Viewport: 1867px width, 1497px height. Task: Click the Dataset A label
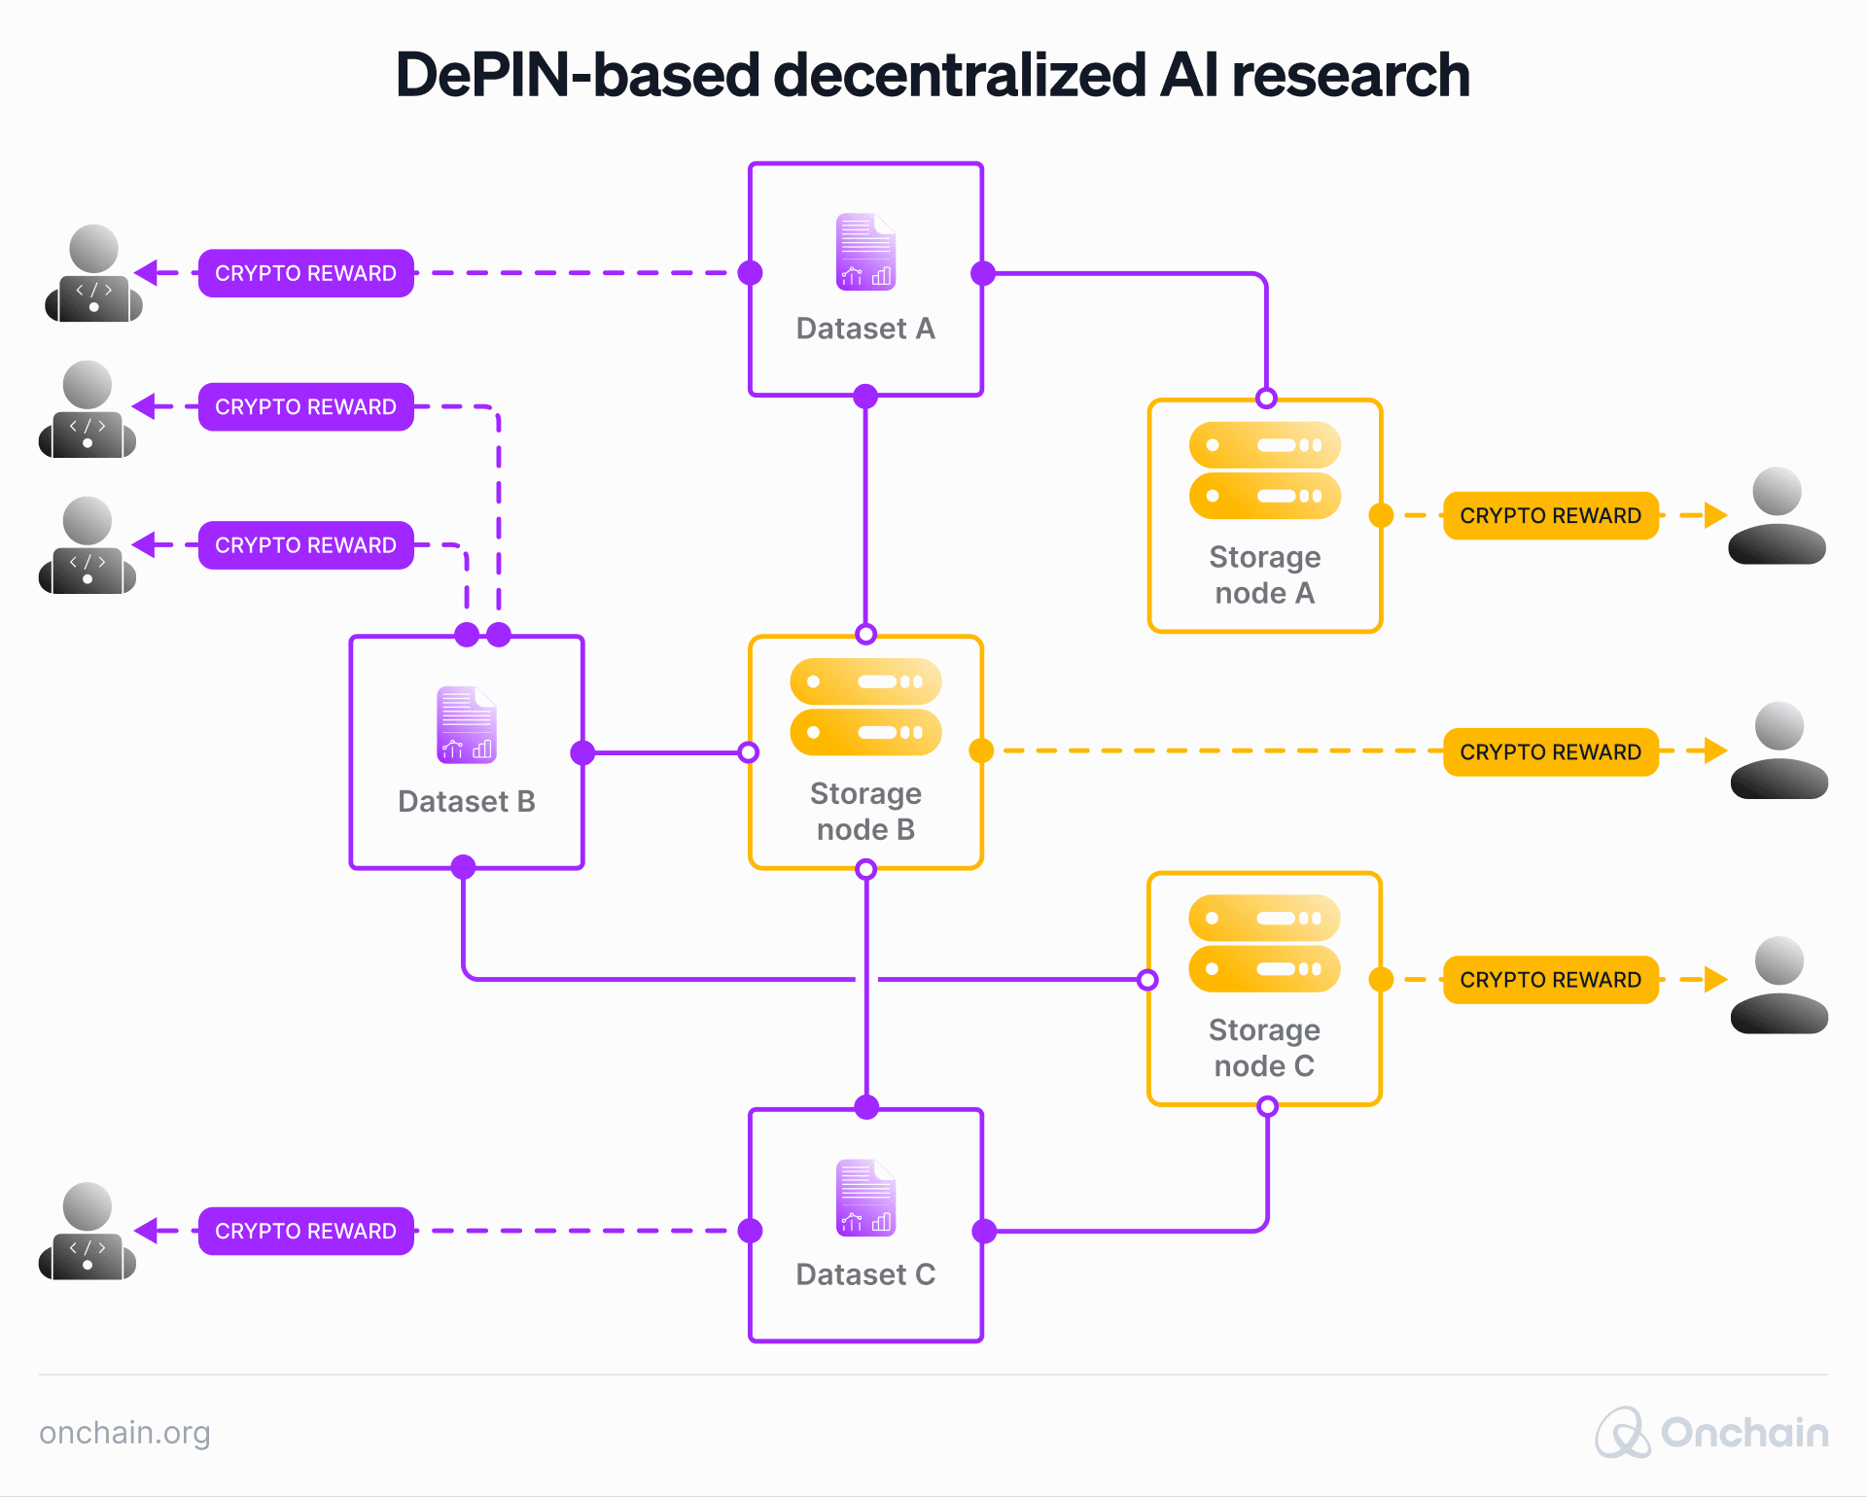(865, 329)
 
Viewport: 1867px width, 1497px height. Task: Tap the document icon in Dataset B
(467, 725)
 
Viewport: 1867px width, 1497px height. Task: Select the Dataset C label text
(865, 1274)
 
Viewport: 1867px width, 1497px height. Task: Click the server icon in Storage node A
(1264, 470)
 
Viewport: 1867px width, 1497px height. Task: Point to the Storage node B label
(865, 811)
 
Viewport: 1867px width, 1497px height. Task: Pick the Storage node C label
(1264, 1048)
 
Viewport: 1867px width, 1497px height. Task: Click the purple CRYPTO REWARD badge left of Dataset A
(305, 273)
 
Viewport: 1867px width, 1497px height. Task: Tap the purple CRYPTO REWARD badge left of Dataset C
(305, 1231)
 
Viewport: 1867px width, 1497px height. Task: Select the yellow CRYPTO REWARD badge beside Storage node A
(1550, 515)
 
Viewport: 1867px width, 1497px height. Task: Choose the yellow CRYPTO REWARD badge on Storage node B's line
(1550, 751)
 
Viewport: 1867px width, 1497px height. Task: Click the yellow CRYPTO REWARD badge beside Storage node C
(1550, 980)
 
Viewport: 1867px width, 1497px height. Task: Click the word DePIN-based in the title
(577, 75)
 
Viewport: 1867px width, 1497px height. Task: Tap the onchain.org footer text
(124, 1433)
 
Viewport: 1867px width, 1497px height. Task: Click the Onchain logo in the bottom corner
(1711, 1433)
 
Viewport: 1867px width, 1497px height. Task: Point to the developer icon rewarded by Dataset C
(88, 1231)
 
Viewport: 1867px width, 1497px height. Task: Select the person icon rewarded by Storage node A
(1777, 515)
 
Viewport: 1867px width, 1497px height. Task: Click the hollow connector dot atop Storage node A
(1266, 399)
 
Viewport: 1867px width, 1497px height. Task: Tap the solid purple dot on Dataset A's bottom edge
(865, 396)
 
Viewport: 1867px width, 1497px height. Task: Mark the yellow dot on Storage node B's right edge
(982, 750)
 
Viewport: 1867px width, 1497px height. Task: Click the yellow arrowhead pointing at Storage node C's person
(1716, 980)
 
